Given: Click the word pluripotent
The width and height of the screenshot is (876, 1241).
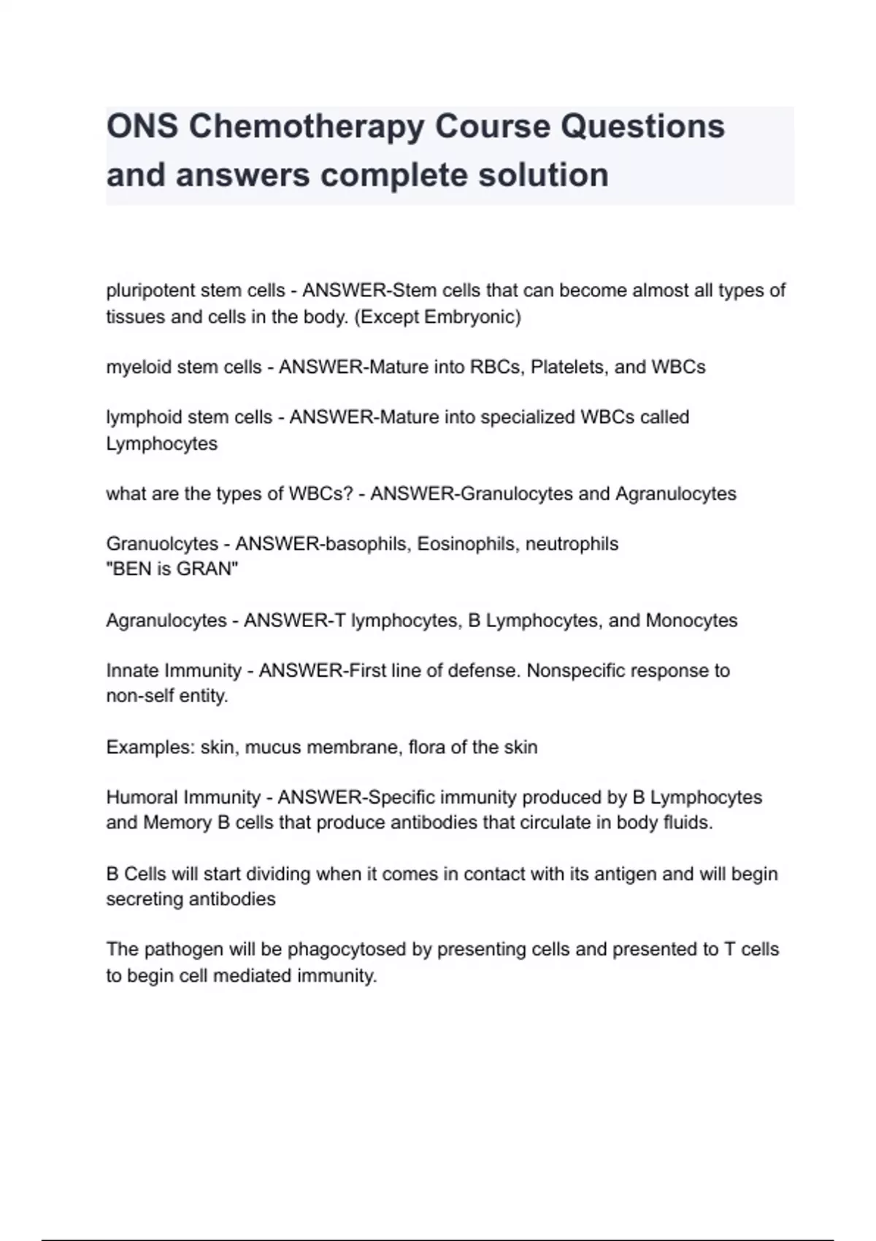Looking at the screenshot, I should pyautogui.click(x=150, y=291).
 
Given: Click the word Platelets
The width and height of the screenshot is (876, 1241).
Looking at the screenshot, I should pyautogui.click(x=566, y=367).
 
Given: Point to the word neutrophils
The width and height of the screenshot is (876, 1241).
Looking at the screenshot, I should pyautogui.click(x=572, y=544).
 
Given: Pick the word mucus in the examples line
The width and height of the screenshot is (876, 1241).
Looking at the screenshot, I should pyautogui.click(x=272, y=748).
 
